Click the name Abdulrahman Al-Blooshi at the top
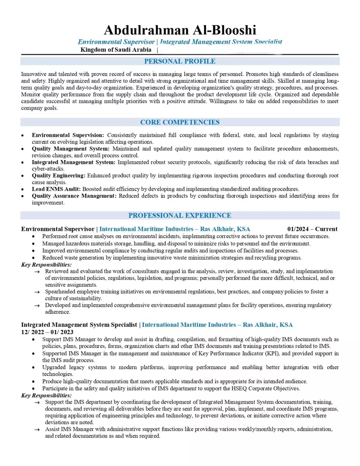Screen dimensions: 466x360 (180, 30)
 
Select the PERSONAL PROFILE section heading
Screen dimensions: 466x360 (180, 61)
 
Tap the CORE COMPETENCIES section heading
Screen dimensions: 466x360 (180, 122)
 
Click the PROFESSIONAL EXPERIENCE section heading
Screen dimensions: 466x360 (180, 215)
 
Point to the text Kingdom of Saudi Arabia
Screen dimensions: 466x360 (116, 50)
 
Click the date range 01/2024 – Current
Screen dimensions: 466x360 (312, 229)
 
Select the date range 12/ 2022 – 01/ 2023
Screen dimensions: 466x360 (47, 332)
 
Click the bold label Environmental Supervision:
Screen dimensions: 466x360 (68, 135)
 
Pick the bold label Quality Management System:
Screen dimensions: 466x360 (70, 149)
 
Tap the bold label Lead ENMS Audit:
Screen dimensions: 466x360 (56, 189)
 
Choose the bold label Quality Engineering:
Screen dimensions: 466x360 (58, 175)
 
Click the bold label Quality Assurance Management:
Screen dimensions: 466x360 (74, 196)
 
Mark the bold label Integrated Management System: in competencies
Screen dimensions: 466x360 (73, 162)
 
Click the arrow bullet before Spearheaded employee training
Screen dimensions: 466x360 (37, 292)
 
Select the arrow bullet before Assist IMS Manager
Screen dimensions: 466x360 (37, 430)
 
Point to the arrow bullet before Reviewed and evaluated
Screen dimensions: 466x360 (37, 272)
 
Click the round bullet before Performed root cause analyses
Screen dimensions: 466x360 (33, 237)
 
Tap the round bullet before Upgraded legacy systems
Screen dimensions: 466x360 (33, 367)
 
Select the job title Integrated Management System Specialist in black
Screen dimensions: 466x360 (79, 325)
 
